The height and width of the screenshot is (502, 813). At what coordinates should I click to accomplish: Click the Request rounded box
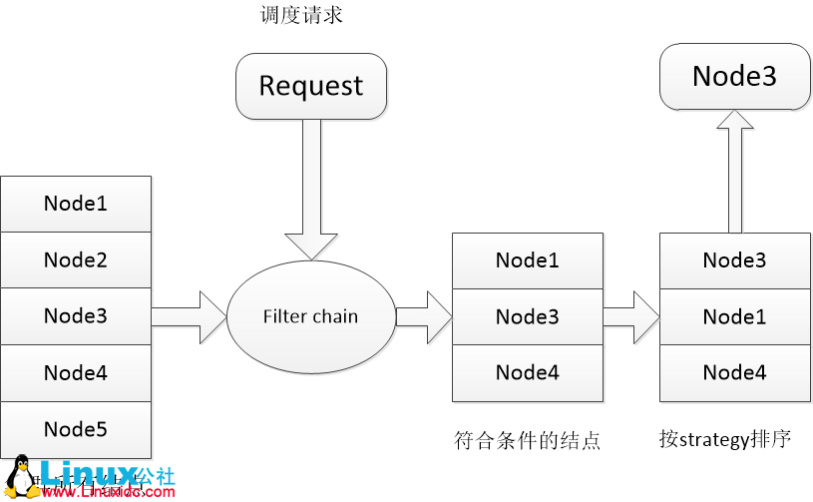[x=310, y=85]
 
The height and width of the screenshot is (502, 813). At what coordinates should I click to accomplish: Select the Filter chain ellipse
[x=310, y=316]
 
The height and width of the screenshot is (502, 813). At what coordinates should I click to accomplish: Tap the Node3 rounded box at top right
[x=734, y=77]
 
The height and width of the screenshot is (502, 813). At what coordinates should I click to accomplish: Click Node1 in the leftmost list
[x=76, y=204]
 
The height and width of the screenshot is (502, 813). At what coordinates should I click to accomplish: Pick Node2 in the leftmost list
[x=76, y=260]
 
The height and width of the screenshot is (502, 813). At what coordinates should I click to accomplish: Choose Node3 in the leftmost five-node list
[x=76, y=316]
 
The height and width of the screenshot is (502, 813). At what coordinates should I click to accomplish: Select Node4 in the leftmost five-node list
[x=76, y=373]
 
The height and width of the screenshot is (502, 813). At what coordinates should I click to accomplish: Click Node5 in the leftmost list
[x=76, y=430]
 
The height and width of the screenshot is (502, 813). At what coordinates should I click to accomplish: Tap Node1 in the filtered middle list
[x=528, y=260]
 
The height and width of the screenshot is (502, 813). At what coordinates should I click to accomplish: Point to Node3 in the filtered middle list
[x=528, y=317]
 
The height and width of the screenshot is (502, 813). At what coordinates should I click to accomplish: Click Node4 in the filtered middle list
[x=528, y=373]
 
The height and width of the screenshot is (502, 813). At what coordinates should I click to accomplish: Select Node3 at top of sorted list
[x=734, y=260]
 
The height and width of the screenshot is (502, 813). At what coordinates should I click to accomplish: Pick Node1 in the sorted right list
[x=734, y=317]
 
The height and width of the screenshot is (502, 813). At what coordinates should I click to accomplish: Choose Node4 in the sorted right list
[x=734, y=373]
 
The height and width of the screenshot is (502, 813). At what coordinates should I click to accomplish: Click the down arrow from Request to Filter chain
[x=310, y=190]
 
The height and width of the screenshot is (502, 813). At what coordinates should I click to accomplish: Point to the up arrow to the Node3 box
[x=735, y=170]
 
